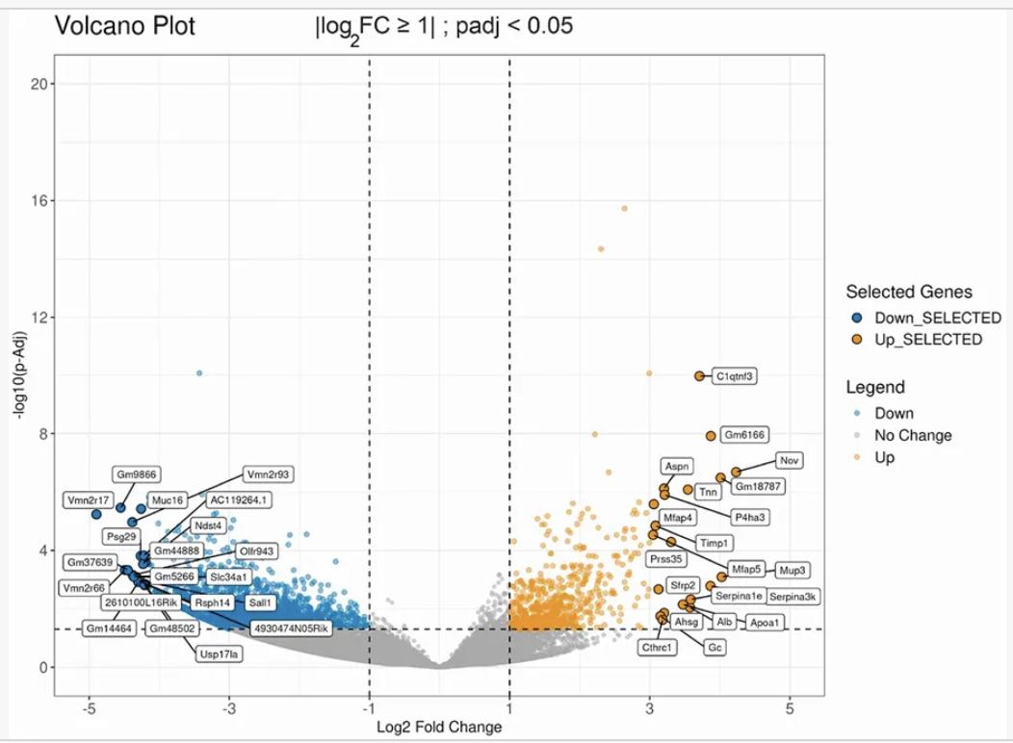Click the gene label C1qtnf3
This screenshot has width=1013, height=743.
coord(734,376)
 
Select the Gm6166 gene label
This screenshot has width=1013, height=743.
coord(744,435)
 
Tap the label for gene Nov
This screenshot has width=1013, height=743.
coord(789,460)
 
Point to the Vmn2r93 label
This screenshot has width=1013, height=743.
coord(269,474)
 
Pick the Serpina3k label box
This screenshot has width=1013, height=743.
coord(793,597)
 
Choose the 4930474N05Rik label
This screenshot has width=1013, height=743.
coord(290,628)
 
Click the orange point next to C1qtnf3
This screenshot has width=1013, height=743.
coord(699,376)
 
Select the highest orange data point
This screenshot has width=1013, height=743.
coord(624,208)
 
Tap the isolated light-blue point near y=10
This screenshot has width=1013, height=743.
coord(199,372)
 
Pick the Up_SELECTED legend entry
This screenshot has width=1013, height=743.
coord(927,340)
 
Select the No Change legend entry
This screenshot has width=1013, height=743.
coord(912,435)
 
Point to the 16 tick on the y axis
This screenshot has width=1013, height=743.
coord(39,201)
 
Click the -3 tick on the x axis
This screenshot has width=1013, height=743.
coord(229,708)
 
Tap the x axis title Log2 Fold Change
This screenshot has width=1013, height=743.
coord(439,727)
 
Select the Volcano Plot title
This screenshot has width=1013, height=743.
coord(125,26)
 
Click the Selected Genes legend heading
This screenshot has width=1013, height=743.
coord(908,292)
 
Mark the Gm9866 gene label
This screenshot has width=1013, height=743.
coord(137,474)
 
